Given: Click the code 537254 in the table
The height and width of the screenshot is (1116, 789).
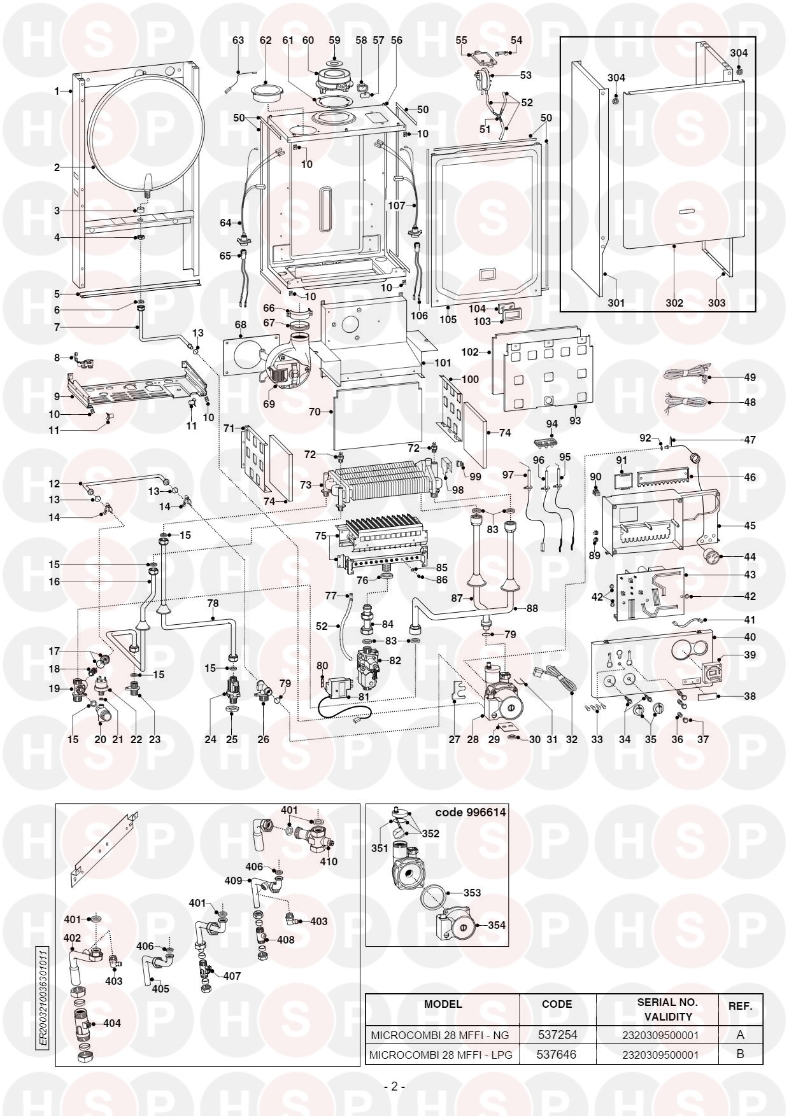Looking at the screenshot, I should tap(557, 1035).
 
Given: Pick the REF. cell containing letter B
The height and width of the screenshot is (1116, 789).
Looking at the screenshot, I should tap(740, 1054).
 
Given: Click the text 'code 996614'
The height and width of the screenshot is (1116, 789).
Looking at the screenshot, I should tap(470, 813).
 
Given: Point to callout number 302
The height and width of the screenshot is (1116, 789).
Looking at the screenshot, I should tap(674, 303).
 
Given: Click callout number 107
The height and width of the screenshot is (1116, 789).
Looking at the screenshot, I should tap(396, 206).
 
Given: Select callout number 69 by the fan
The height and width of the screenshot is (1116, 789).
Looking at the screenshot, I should tap(269, 404).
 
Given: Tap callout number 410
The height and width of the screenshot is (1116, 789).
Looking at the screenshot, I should tap(329, 861).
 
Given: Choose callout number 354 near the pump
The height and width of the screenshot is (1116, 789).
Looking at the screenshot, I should tap(496, 925).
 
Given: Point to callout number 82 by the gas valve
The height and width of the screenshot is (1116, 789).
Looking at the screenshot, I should tap(395, 661).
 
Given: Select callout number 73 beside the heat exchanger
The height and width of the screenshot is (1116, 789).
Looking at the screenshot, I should tap(306, 485).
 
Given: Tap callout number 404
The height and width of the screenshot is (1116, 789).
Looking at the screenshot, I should tap(111, 1024).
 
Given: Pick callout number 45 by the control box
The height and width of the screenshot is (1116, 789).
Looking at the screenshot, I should tap(750, 526).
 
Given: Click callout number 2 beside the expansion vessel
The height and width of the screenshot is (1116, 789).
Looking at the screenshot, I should tap(57, 168).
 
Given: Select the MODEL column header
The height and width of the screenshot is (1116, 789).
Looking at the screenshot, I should tap(443, 1005).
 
